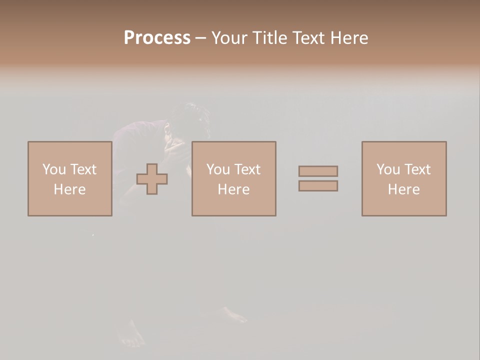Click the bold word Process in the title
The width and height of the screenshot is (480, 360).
[157, 38]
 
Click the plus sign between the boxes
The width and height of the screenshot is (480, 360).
[152, 179]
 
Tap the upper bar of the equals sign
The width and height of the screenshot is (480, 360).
[318, 171]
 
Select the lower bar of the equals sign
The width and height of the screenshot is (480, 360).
[318, 186]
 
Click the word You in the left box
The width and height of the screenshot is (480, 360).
[54, 169]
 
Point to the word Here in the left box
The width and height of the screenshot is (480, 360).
[69, 189]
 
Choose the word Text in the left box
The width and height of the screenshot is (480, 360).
[83, 169]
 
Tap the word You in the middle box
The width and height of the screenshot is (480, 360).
[218, 169]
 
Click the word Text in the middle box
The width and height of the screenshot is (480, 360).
[247, 169]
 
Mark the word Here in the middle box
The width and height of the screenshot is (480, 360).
[233, 189]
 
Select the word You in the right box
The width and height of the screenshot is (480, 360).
[388, 169]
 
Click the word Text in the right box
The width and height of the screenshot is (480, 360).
[417, 169]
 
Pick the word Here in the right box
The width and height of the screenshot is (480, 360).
[403, 189]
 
